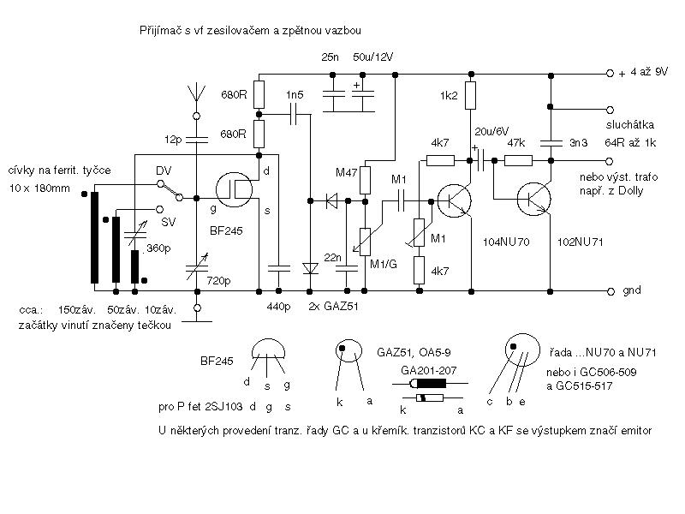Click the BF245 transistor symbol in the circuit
[234, 189]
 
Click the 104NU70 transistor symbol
[455, 201]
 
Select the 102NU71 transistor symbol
[533, 199]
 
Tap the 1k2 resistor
[470, 95]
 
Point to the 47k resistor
[518, 161]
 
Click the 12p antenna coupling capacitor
[197, 140]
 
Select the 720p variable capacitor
[197, 267]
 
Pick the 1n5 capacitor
[294, 115]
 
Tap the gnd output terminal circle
[611, 291]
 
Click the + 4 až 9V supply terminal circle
[610, 74]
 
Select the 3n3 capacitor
[551, 143]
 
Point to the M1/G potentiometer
[365, 242]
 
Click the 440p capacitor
[279, 268]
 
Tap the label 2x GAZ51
[333, 307]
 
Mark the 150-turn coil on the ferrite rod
[95, 238]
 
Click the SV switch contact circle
[159, 210]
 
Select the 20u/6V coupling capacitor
[483, 160]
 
